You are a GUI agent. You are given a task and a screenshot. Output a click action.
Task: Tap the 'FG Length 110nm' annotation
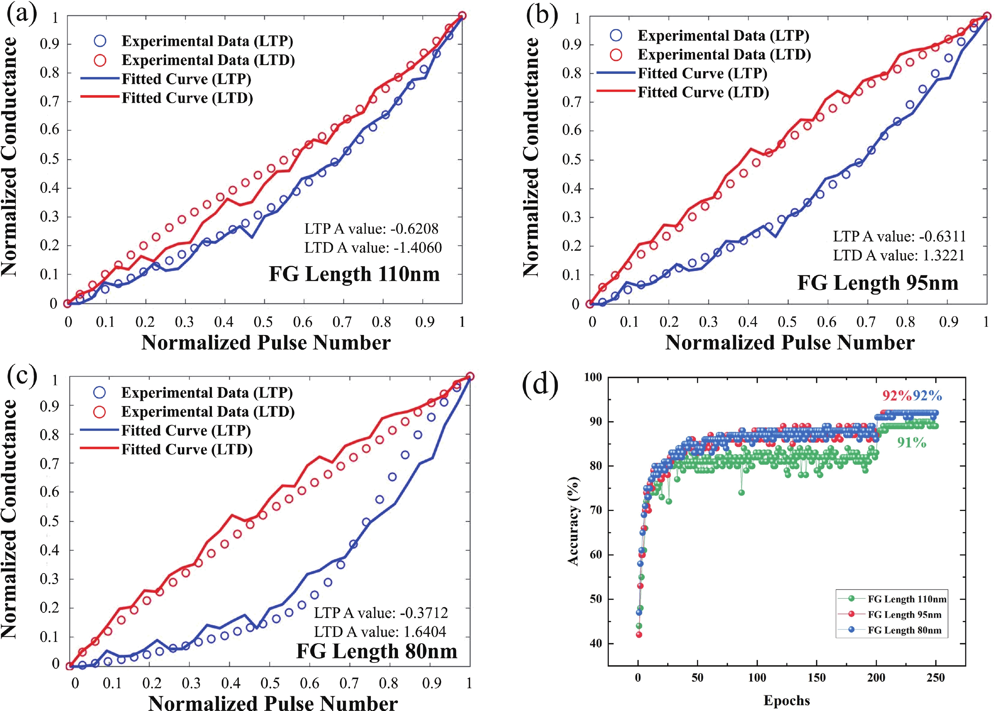click(354, 274)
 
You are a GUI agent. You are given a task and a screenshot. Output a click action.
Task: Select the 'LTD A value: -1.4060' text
click(373, 248)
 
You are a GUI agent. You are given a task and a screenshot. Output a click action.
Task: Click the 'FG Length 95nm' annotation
click(878, 283)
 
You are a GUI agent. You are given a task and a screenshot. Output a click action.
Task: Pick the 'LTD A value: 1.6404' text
click(380, 632)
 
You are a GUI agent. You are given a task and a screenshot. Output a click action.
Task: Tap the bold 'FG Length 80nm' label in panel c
click(377, 651)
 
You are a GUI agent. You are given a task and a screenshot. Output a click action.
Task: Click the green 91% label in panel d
click(911, 443)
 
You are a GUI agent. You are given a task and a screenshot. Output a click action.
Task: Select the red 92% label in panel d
click(897, 396)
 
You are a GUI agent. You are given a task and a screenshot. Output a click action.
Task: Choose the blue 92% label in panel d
click(927, 396)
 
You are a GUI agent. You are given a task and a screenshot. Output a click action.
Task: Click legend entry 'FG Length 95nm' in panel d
click(904, 615)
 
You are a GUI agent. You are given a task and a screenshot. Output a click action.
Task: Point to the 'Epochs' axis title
click(786, 701)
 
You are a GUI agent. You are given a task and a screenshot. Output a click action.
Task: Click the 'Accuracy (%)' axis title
click(573, 521)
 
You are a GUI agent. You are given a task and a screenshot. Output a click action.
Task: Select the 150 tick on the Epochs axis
click(816, 678)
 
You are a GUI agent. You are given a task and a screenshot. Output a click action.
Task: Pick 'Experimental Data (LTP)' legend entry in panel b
click(723, 35)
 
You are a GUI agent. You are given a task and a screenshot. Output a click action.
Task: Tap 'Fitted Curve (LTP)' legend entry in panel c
click(186, 431)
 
